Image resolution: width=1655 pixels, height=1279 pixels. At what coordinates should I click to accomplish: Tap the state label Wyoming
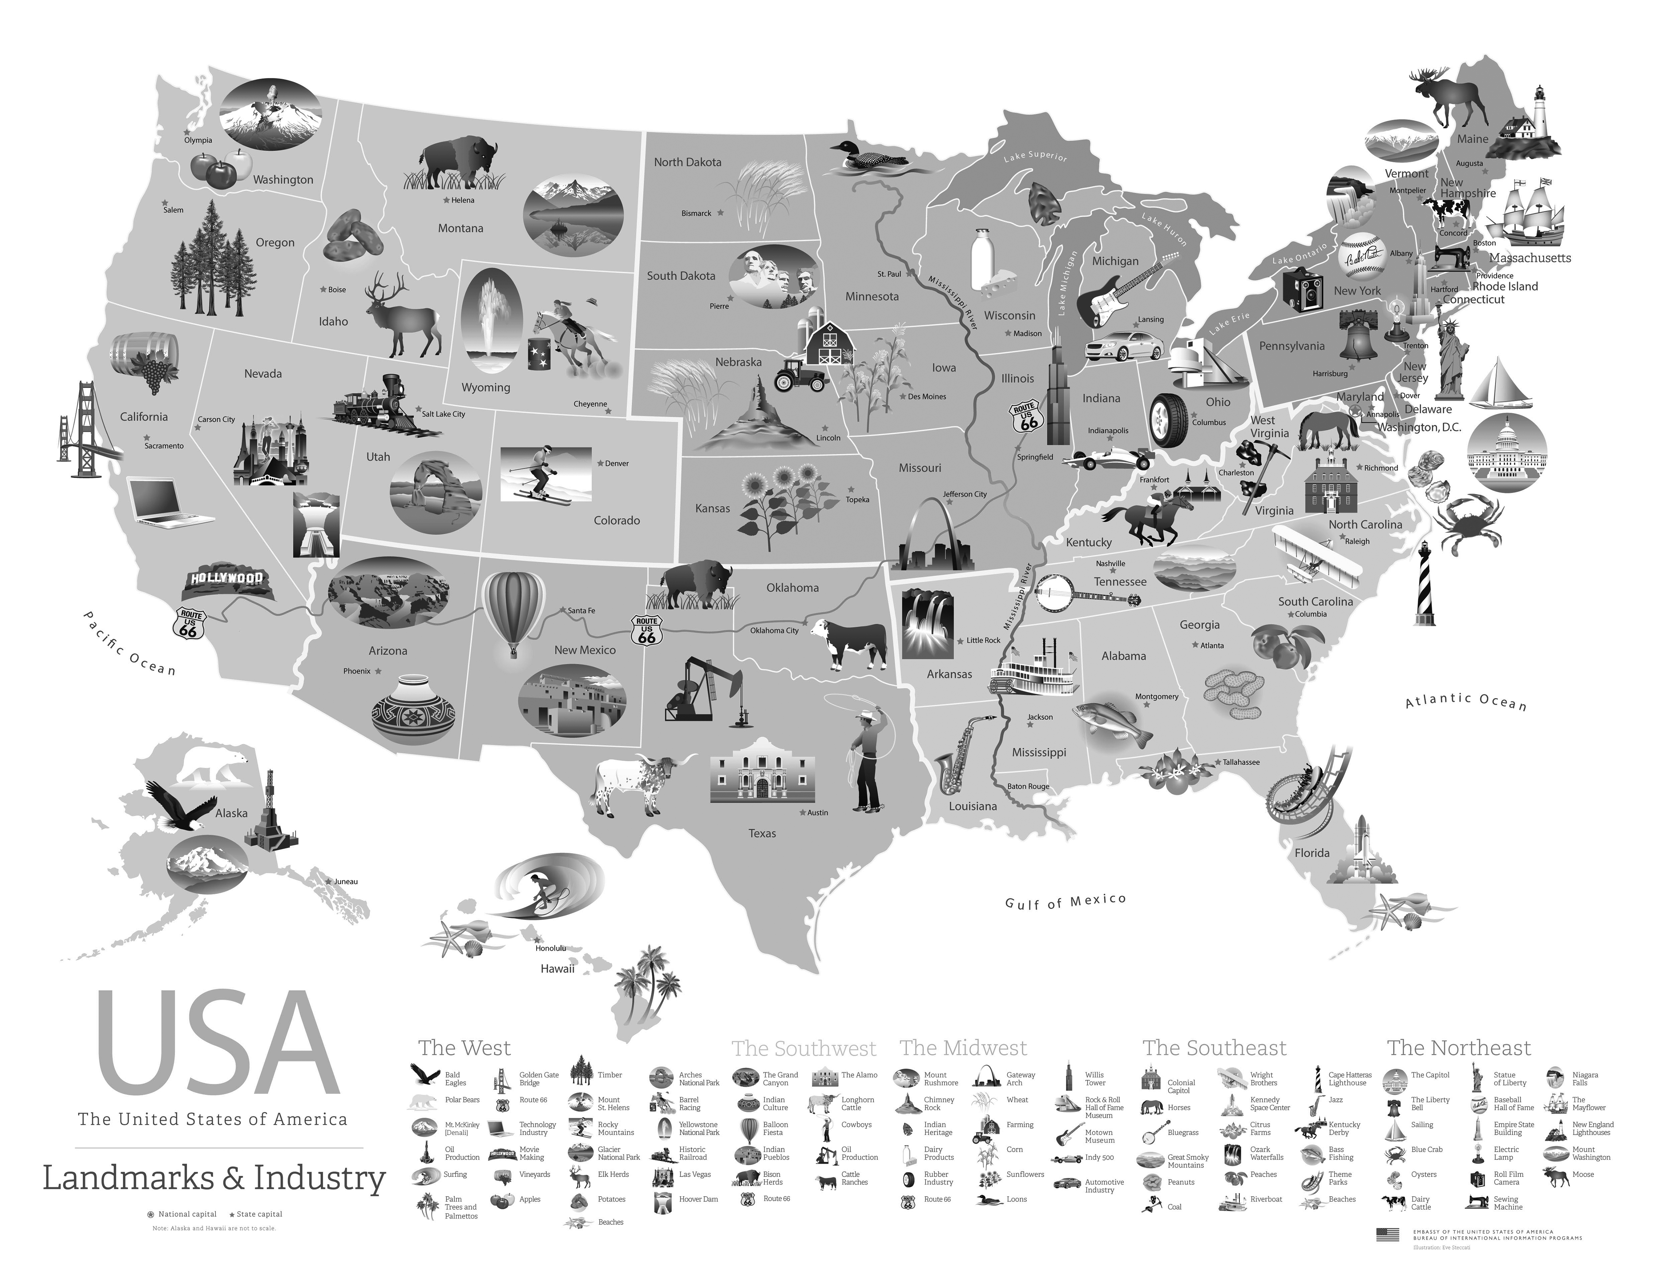coord(486,387)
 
